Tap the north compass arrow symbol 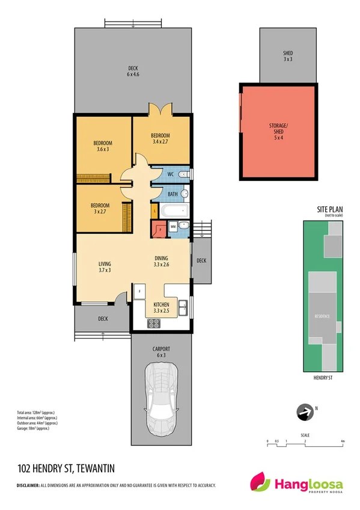(305, 412)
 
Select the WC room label (170, 174)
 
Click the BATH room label (172, 194)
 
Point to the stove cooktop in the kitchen (154, 322)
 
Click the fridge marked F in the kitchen (139, 292)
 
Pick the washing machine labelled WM (173, 226)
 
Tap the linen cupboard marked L (155, 210)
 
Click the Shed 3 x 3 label (287, 56)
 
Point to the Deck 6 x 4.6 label (133, 71)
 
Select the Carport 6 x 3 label (161, 352)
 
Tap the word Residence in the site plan (324, 315)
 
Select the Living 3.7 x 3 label (106, 267)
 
